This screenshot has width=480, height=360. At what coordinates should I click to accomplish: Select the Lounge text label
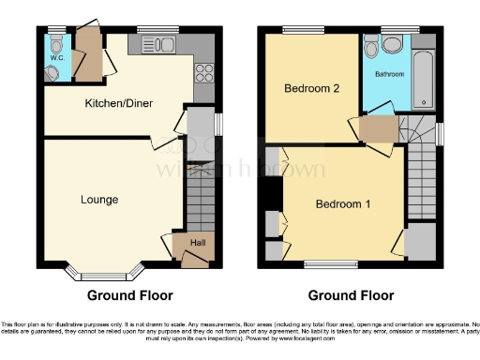click(98, 199)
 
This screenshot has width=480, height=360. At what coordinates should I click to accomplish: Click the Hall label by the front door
click(198, 243)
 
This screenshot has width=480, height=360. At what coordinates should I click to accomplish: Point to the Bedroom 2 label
click(311, 89)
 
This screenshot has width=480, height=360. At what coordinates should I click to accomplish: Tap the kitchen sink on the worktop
click(153, 43)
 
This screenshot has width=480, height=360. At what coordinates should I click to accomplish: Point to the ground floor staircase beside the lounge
click(200, 198)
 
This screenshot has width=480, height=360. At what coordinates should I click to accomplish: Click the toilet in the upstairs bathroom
click(372, 44)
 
